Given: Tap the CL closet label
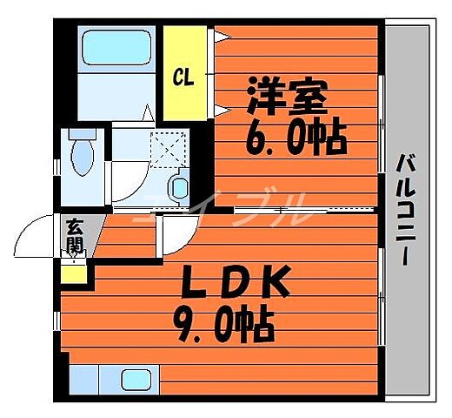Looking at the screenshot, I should pos(182,77).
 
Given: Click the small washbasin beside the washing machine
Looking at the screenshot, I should pos(179,186).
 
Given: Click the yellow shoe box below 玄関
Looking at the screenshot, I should pos(75,273).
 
